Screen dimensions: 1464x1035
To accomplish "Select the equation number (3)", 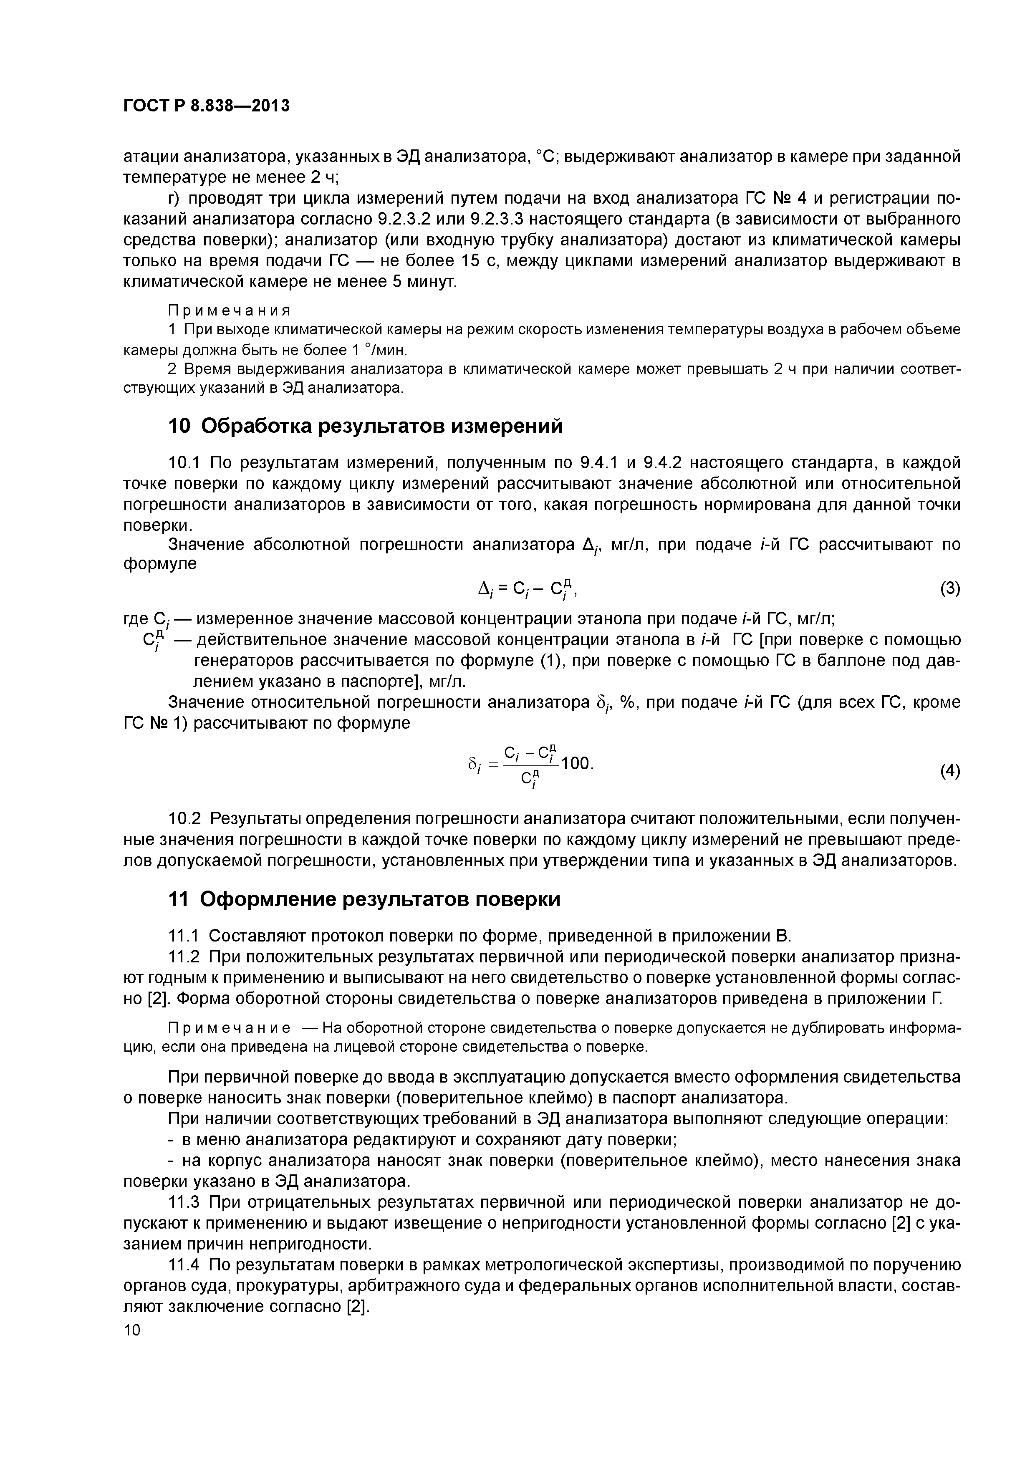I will (949, 588).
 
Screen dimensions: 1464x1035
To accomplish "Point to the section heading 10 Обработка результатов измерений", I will (366, 425).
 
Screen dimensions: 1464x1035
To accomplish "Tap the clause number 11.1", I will (184, 936).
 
